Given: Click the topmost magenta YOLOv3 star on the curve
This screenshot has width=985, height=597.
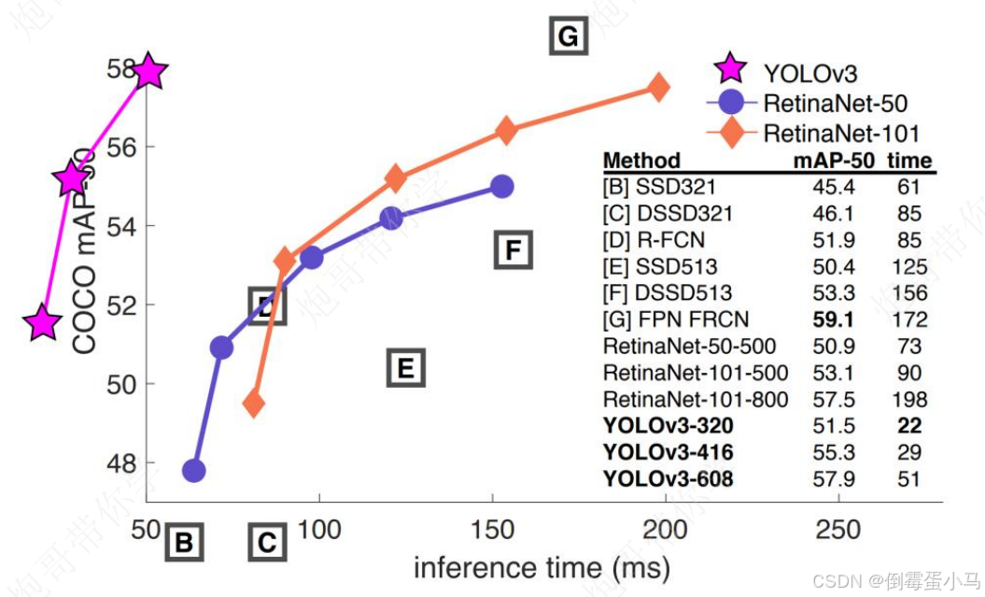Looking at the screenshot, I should [148, 71].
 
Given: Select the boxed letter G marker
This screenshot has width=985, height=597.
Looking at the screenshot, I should [567, 36].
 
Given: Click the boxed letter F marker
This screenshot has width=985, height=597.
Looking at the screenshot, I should [512, 250].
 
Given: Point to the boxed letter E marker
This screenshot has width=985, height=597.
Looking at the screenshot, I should [405, 368].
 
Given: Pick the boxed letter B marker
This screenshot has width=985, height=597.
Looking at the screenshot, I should [184, 542].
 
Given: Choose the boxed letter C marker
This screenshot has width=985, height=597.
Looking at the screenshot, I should [267, 542].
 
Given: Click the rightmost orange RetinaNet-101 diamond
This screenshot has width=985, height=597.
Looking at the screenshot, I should [658, 88].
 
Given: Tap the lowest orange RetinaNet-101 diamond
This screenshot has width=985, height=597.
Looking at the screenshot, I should [253, 404].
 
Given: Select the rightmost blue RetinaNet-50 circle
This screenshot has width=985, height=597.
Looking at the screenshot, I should [501, 186].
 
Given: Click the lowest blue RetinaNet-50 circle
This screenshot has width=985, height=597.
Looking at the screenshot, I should [194, 470].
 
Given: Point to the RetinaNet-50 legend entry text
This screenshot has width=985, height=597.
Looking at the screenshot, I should [835, 103].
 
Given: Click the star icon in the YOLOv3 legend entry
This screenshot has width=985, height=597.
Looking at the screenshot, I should [730, 69].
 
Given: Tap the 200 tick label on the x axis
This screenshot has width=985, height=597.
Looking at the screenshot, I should [665, 530].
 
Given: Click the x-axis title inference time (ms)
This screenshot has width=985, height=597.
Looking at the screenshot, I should [542, 567].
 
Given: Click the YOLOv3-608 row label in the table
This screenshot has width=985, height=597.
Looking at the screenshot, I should [668, 479].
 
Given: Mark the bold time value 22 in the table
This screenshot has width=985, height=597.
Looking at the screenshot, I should [909, 426].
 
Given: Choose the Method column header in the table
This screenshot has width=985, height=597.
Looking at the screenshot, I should [641, 161].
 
